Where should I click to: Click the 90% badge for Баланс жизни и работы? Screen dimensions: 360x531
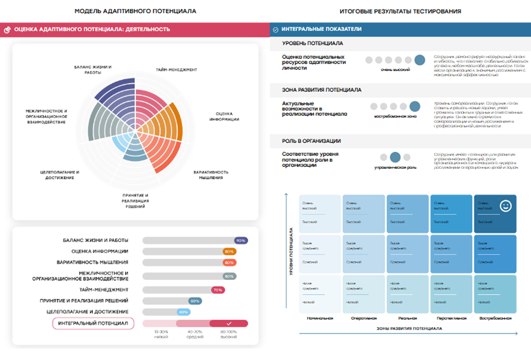click(x=241, y=240)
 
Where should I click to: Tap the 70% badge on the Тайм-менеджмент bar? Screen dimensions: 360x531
click(x=218, y=290)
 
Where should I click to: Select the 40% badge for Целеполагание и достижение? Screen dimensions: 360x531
click(x=183, y=312)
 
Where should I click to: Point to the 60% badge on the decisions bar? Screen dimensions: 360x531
click(x=195, y=301)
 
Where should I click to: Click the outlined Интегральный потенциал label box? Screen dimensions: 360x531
click(x=93, y=323)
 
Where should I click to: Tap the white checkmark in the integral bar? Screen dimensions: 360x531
click(x=229, y=323)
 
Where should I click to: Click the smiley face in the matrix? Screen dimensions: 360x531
click(x=505, y=207)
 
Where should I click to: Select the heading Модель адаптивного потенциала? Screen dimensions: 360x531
click(x=135, y=11)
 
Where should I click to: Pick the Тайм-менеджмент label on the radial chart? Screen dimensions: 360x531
click(x=176, y=69)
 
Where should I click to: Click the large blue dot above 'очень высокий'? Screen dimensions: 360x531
click(x=420, y=60)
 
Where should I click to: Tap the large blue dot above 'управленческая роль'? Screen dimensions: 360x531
click(x=395, y=157)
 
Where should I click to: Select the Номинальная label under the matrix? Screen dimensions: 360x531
click(x=320, y=318)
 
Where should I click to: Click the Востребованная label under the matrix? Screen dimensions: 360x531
click(x=495, y=318)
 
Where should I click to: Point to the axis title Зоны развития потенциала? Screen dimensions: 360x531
click(x=409, y=329)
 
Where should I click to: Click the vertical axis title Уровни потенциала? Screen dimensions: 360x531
click(x=291, y=251)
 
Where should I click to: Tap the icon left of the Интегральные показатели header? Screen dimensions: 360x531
click(x=276, y=30)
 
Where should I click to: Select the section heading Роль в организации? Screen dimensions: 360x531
click(x=311, y=141)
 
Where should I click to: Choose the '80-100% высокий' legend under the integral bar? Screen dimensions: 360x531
click(x=229, y=334)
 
